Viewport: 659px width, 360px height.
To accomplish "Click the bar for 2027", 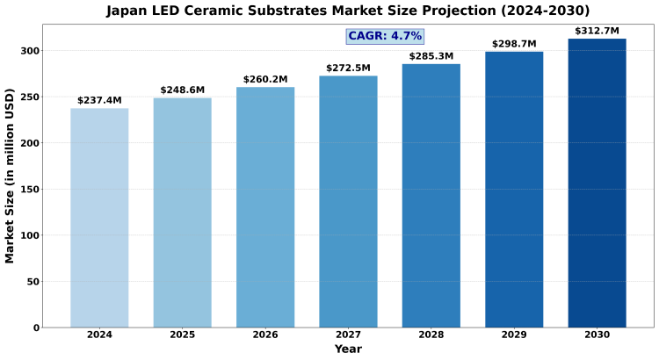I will tap(348, 202).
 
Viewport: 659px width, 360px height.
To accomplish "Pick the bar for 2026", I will tap(265, 207).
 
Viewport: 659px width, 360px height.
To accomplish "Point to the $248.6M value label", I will tap(183, 90).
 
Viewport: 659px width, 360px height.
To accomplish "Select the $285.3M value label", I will tap(431, 57).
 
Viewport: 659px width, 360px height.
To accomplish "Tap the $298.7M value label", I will tap(514, 44).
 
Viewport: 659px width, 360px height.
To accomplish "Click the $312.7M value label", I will tap(597, 32).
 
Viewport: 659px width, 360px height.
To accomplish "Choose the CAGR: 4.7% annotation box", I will tap(385, 36).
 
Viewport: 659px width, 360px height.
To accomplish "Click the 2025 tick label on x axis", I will tap(183, 335).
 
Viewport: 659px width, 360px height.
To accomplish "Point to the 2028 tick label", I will tap(431, 335).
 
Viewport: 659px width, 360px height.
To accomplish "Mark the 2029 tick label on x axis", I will tap(514, 335).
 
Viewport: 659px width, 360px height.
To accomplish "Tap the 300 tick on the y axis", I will tap(30, 51).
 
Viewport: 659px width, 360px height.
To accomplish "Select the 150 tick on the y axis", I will tap(30, 190).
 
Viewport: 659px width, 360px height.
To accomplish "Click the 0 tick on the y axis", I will tap(36, 328).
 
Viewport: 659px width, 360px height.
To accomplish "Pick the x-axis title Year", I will tap(348, 349).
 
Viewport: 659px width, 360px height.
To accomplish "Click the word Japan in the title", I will tap(129, 11).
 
